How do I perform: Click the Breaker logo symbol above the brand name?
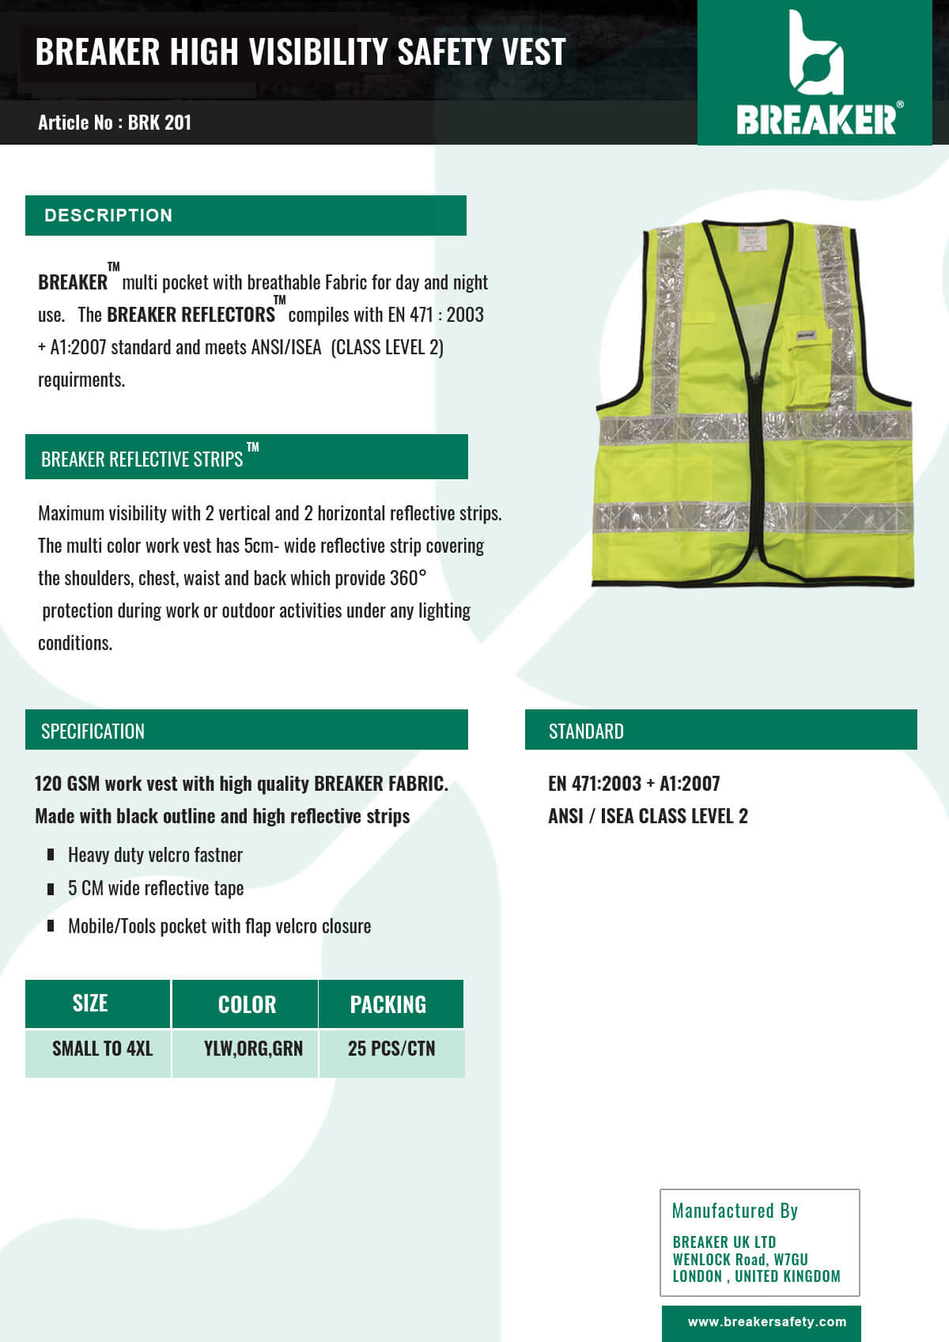(x=815, y=54)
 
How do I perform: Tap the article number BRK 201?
(x=159, y=123)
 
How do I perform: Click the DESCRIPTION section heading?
(x=108, y=215)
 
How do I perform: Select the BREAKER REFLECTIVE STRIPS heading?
(x=142, y=459)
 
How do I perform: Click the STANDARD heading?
(x=586, y=731)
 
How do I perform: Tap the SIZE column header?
(x=90, y=1004)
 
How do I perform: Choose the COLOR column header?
(x=247, y=1004)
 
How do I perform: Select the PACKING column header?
(x=388, y=1004)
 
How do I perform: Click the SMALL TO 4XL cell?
(x=102, y=1049)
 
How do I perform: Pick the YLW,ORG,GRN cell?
(x=253, y=1049)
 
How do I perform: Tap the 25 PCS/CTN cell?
(x=391, y=1049)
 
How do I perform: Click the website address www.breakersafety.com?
(x=766, y=1321)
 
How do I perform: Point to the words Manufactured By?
(x=735, y=1211)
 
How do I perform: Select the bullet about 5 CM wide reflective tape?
(x=155, y=888)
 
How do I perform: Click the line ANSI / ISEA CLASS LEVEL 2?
(x=648, y=816)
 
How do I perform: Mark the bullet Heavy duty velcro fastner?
(x=155, y=855)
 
